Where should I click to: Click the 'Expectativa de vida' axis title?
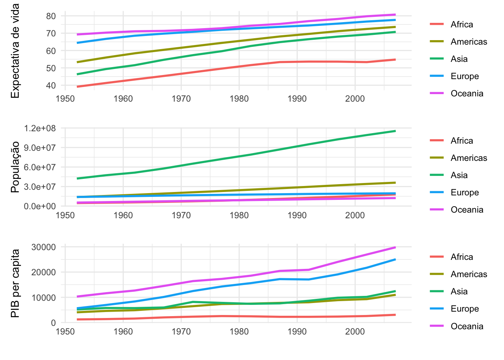click(x=15, y=51)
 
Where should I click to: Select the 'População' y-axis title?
click(x=15, y=167)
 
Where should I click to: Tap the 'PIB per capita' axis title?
click(x=15, y=283)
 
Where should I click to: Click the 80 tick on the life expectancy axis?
click(x=51, y=16)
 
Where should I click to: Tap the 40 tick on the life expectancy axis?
click(x=51, y=85)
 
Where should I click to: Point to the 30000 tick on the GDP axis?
click(x=43, y=247)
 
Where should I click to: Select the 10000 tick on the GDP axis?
click(x=43, y=298)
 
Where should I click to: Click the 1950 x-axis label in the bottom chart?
click(x=65, y=331)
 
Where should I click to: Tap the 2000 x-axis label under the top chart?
click(x=355, y=99)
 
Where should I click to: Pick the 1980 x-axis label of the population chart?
click(x=239, y=215)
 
